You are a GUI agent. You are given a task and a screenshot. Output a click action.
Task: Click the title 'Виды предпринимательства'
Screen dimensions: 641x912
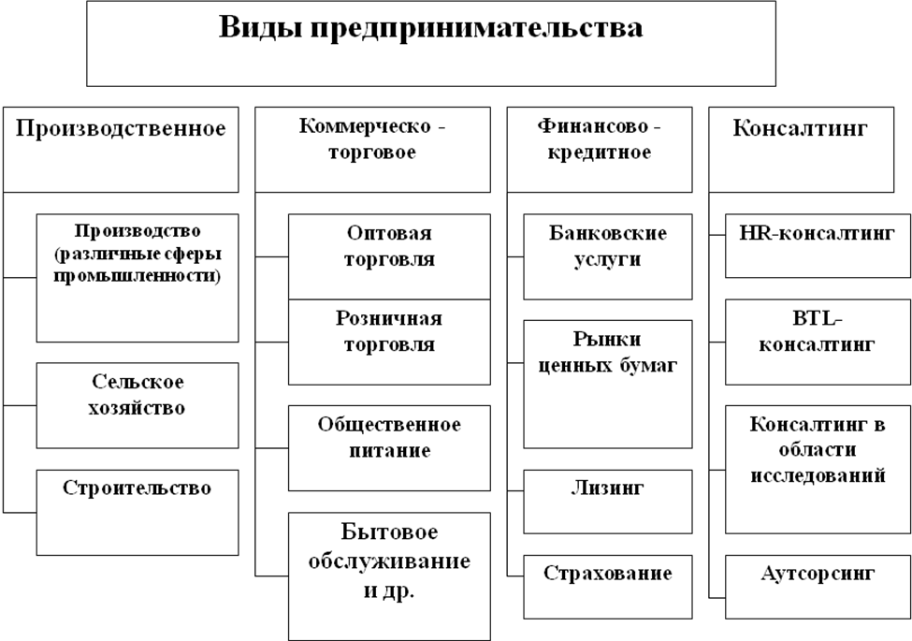431,28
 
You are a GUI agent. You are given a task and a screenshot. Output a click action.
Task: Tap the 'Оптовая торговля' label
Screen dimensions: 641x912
389,246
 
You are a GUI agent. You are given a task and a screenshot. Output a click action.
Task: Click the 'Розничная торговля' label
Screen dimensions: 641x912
389,332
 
